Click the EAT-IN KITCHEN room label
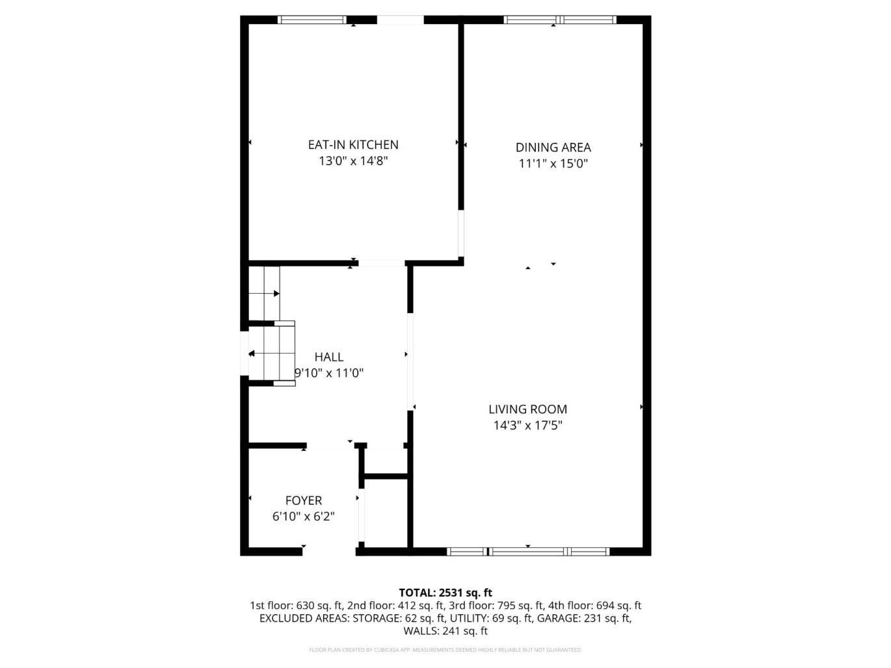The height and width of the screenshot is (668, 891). (353, 145)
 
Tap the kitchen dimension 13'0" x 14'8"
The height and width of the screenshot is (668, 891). (353, 161)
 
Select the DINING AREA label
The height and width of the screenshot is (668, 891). (553, 148)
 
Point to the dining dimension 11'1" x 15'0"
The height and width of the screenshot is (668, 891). (553, 164)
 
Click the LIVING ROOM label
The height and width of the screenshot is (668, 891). (527, 409)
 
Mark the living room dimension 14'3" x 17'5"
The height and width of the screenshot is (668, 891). (527, 426)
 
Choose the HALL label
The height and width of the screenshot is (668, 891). (328, 357)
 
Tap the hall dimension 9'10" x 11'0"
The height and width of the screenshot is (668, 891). (329, 373)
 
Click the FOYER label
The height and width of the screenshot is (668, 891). (303, 500)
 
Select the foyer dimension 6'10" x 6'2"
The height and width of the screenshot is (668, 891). (303, 517)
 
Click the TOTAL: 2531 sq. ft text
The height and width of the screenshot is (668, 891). (445, 593)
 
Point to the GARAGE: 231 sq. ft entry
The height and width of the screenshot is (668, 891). (583, 618)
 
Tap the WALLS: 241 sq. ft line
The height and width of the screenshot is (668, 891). (445, 631)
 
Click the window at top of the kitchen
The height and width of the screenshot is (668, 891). (312, 20)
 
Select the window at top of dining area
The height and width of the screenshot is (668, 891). (560, 20)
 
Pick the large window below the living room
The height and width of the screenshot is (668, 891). (528, 552)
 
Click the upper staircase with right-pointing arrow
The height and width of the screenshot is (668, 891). (264, 294)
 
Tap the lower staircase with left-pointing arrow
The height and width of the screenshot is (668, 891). (272, 353)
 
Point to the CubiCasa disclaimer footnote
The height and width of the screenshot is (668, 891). (445, 650)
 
